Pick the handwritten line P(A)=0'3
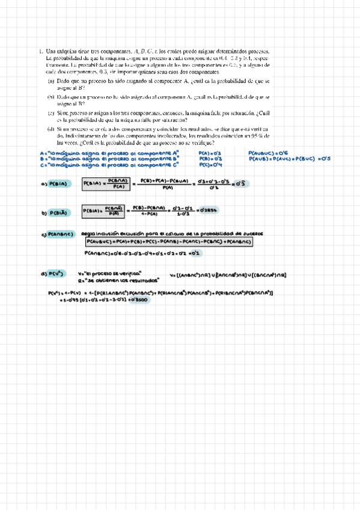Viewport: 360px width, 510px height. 210,153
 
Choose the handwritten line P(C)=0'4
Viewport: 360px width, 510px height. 210,164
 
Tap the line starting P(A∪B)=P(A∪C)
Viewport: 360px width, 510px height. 290,159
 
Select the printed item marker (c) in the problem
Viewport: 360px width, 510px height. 51,112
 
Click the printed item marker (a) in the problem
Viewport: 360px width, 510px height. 51,80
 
